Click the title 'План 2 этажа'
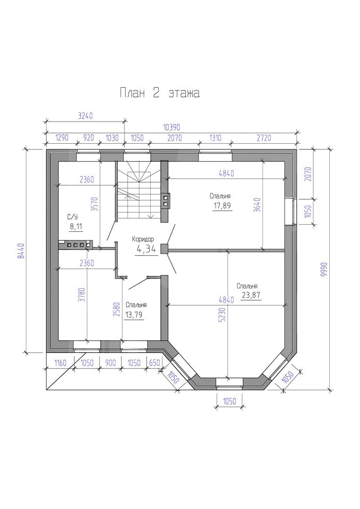pos(160,93)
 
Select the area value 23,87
pos(252,296)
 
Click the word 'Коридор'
pos(143,239)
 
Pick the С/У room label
pos(73,217)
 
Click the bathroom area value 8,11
pos(76,227)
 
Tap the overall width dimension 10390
pos(171,127)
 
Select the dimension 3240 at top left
pos(86,116)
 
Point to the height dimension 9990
pos(323,269)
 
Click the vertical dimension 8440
pos(21,251)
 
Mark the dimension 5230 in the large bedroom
pos(222,314)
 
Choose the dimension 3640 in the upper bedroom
pos(257,205)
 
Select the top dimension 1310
pos(215,138)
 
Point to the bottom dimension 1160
pos(60,362)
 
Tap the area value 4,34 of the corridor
pos(146,249)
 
